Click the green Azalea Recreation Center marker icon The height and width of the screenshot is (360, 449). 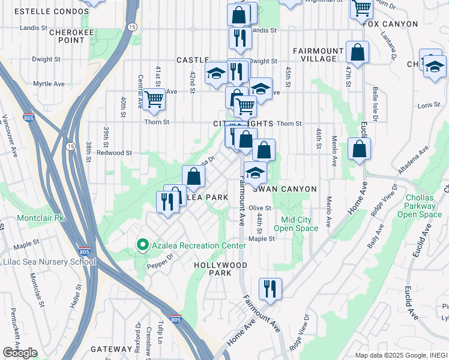(143, 245)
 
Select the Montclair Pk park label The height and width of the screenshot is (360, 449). (40, 218)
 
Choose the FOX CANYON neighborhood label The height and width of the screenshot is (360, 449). (391, 24)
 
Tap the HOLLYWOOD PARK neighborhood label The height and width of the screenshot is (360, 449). (220, 269)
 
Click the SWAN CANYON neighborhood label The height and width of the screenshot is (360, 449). (285, 189)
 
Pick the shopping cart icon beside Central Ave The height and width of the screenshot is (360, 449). (154, 99)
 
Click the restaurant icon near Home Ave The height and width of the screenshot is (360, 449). (270, 289)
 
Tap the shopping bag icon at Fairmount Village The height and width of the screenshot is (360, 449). (358, 53)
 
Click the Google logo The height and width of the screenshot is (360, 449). (20, 353)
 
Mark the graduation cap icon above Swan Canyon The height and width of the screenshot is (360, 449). (255, 173)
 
